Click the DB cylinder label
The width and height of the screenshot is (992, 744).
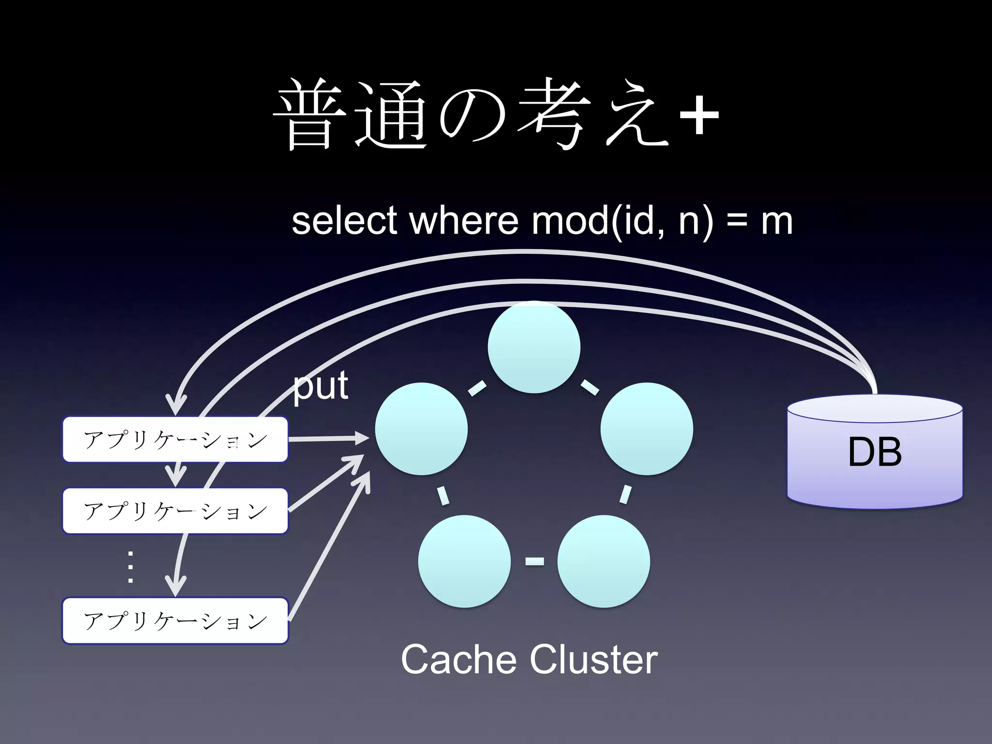pos(875,452)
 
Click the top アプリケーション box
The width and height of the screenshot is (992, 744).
pos(175,439)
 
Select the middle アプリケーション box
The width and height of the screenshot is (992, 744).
pos(175,511)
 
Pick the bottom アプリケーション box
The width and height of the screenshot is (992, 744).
pos(175,620)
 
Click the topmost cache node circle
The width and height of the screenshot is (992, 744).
pos(534,347)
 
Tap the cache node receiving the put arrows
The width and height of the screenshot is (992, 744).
pos(421,429)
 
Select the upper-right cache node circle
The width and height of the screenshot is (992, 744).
pos(647,429)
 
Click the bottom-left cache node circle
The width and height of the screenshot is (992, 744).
pos(464,561)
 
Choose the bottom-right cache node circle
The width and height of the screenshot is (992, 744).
pos(604,561)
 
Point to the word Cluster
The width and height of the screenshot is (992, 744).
pos(593,660)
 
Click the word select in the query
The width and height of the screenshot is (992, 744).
pos(344,221)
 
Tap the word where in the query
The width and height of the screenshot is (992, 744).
pos(464,221)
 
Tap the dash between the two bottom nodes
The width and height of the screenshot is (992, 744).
pos(534,561)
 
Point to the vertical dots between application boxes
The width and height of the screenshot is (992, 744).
pos(130,566)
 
